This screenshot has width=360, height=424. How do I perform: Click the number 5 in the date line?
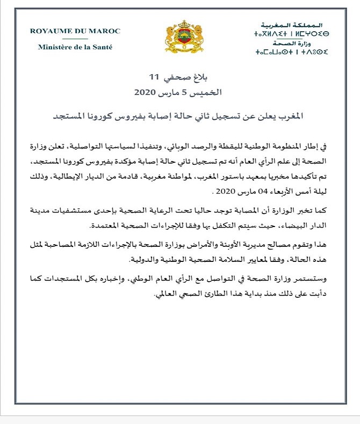[x=195, y=92]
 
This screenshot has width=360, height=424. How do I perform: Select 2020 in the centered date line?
[x=147, y=92]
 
